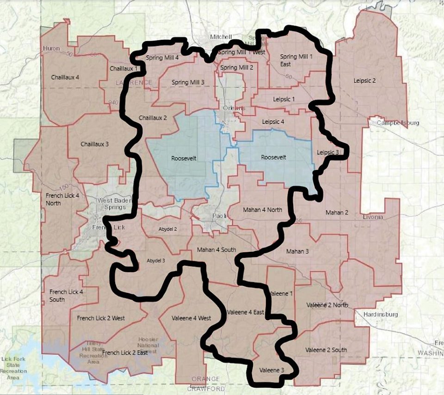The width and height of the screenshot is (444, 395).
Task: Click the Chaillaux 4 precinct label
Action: [x=65, y=77]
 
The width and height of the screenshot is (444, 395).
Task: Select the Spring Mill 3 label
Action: [x=188, y=82]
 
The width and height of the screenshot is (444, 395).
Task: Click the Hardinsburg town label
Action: [x=381, y=314]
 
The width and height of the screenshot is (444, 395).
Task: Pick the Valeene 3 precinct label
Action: [x=271, y=370]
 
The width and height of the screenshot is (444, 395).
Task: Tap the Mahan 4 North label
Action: [x=262, y=210]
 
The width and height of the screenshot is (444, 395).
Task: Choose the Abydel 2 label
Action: [x=168, y=229]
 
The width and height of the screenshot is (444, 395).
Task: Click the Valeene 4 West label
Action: [x=191, y=318]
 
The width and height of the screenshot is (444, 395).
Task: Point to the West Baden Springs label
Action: [x=111, y=204]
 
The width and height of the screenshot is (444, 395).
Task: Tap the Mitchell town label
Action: [x=221, y=36]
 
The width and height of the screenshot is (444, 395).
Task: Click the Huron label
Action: [x=51, y=48]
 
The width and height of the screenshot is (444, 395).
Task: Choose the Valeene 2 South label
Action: [x=326, y=350]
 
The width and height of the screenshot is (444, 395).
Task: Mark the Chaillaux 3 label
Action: [x=94, y=144]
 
